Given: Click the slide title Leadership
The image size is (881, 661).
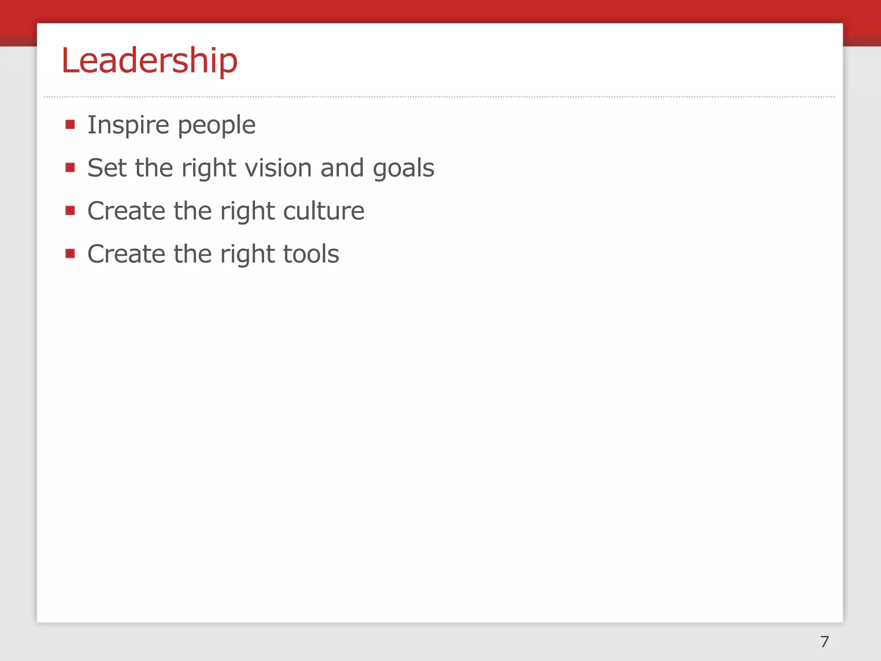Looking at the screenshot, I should tap(149, 60).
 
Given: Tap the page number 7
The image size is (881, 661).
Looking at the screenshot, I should tap(824, 642).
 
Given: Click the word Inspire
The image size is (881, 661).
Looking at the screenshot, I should tap(128, 125).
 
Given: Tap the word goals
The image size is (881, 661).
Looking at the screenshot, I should tap(403, 169).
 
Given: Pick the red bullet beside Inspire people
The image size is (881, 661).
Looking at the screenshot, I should tap(70, 125).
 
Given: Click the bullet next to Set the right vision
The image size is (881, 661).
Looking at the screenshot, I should tap(70, 167).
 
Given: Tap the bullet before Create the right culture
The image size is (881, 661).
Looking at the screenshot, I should tap(70, 210).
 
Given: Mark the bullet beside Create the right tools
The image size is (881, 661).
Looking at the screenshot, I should tap(70, 253).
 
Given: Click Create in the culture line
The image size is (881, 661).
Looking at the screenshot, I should tap(126, 211).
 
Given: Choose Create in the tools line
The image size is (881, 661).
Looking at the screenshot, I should tap(126, 254).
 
